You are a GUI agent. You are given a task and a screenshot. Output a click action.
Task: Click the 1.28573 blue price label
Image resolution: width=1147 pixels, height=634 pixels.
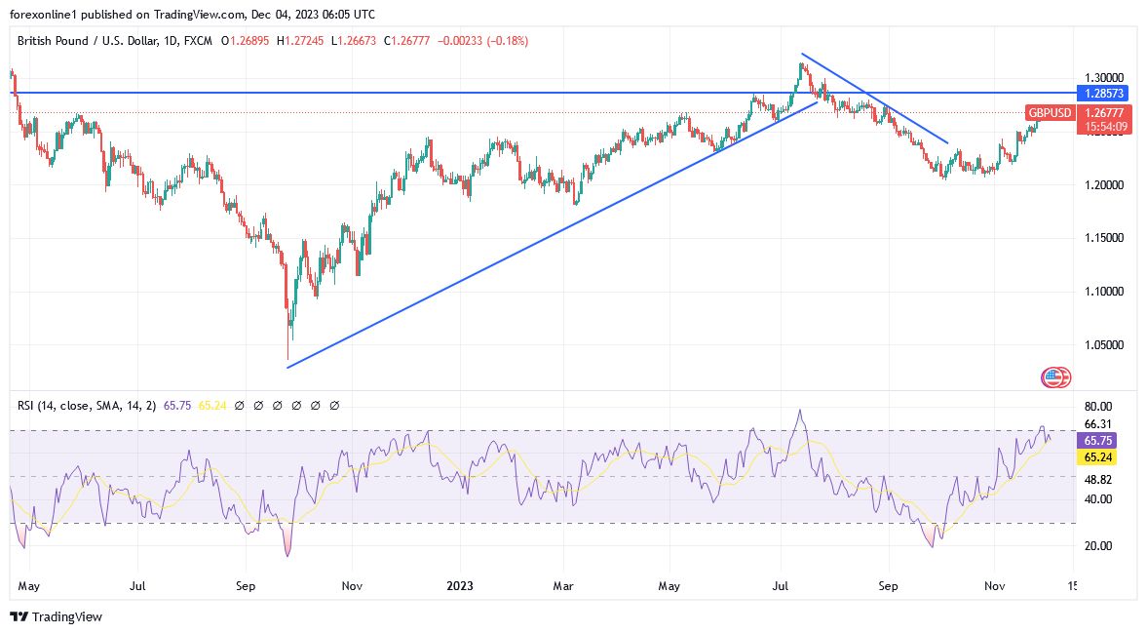click(x=1101, y=94)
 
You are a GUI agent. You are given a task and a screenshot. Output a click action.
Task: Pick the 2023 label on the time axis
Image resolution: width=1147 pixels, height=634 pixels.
click(x=459, y=587)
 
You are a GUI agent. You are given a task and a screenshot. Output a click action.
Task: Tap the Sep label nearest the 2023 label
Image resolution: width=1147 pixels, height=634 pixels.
click(x=246, y=587)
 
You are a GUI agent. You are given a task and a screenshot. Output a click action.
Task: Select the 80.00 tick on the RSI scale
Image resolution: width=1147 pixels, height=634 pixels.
click(x=1099, y=407)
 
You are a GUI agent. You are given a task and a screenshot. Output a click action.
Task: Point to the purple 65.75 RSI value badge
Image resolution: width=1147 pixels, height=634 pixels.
click(x=1099, y=441)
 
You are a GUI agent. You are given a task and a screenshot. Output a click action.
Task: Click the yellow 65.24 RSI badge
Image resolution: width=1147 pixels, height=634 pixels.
click(x=1099, y=457)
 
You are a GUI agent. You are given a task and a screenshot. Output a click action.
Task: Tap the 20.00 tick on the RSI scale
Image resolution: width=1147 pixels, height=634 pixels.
click(x=1099, y=546)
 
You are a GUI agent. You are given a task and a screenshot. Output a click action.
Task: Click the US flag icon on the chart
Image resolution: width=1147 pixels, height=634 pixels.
click(x=1056, y=377)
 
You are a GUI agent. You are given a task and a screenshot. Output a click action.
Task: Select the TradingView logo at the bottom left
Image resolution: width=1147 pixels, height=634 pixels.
click(x=56, y=616)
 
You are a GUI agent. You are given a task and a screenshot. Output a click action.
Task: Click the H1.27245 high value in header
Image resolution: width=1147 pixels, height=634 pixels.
click(x=302, y=41)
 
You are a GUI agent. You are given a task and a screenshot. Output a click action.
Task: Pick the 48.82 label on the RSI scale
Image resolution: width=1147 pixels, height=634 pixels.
click(x=1099, y=480)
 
